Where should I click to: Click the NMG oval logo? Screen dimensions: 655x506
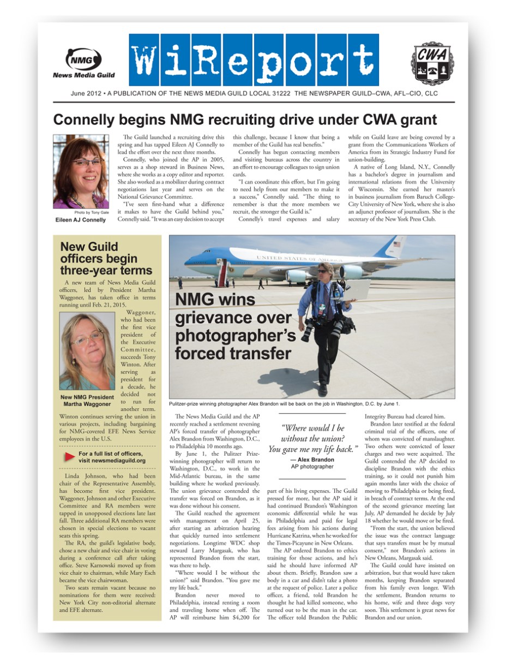[83, 58]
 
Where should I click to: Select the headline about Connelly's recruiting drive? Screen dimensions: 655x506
[245, 120]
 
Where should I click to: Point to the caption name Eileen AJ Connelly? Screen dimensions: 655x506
[81, 220]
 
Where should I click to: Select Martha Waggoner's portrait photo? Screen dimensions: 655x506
[87, 352]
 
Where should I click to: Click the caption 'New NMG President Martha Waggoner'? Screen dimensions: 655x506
[87, 400]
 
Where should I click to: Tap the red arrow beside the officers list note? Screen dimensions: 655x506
[70, 456]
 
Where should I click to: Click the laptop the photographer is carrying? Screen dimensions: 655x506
[358, 289]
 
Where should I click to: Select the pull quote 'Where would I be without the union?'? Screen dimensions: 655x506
[312, 438]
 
